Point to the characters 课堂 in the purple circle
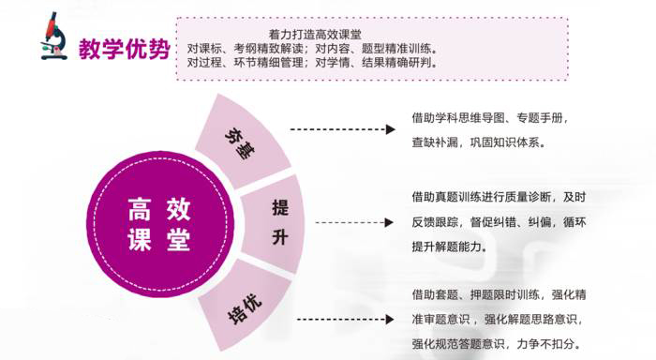(158, 240)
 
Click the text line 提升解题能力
(449, 247)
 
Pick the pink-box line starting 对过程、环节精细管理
(312, 63)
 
